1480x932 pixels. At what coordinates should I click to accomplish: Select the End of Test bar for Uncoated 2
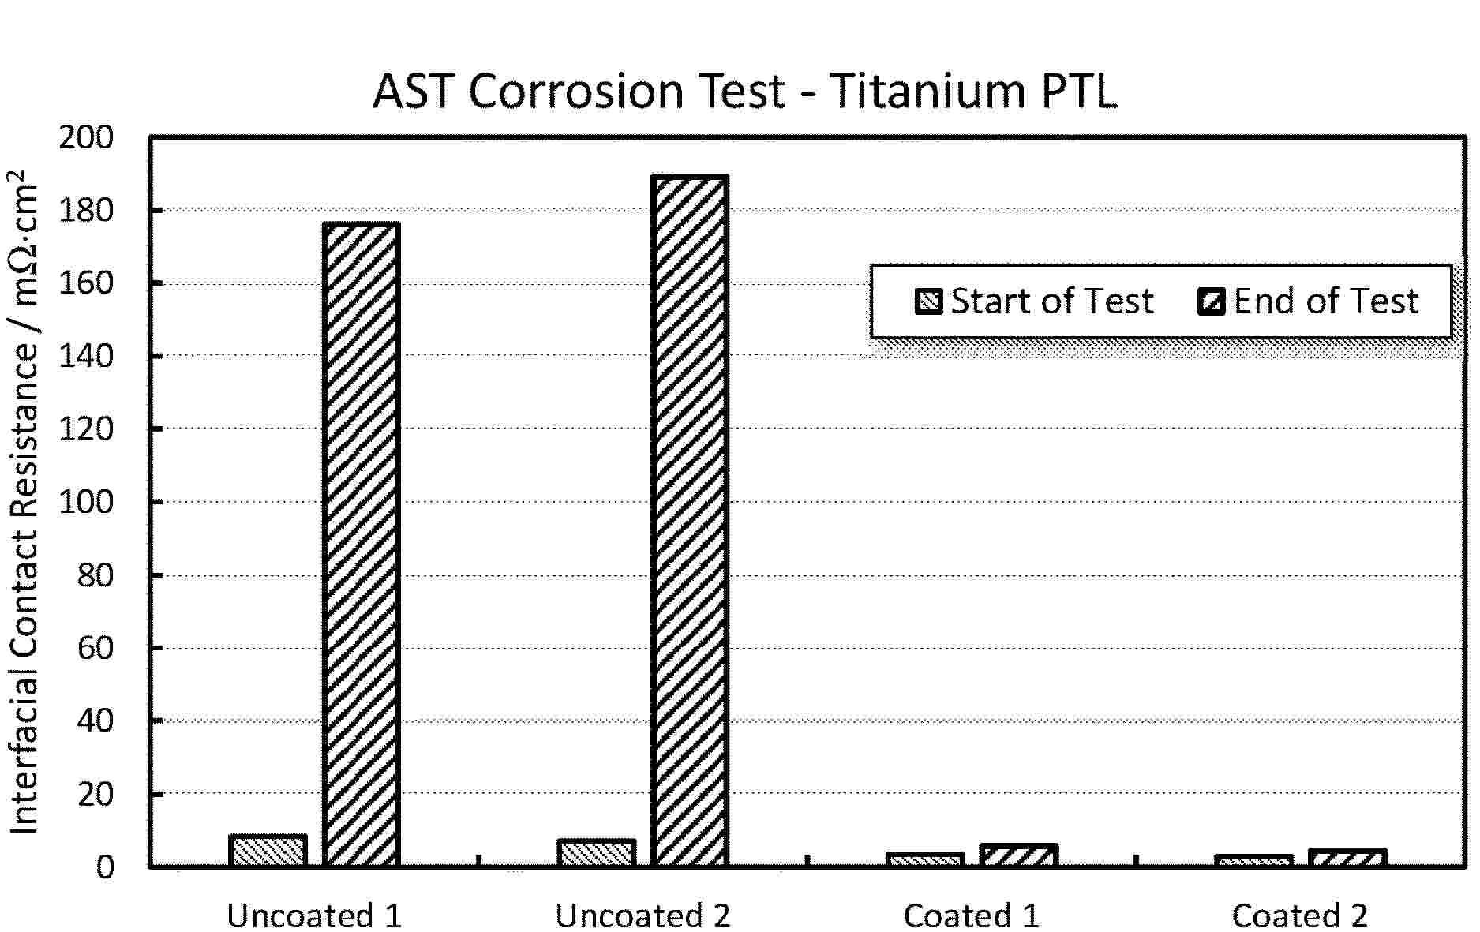coord(689,521)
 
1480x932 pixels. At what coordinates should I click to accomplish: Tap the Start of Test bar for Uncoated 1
coord(268,851)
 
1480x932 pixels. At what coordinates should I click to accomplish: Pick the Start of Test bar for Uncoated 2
coord(596,853)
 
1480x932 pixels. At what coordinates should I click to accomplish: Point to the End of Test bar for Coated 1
coord(1018,855)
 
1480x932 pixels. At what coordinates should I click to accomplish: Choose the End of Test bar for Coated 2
coord(1347,858)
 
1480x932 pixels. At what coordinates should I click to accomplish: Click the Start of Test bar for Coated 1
coord(925,860)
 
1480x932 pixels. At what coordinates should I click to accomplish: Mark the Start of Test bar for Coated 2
coord(1253,861)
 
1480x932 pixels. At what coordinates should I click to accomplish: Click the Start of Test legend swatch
coord(928,301)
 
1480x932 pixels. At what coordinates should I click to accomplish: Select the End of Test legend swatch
coord(1212,301)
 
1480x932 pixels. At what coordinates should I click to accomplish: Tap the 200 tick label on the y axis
coord(86,138)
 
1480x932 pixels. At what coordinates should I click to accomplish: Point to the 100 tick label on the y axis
coord(86,502)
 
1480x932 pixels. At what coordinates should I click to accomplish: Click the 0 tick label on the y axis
coord(105,866)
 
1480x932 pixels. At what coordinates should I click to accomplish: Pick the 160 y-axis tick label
coord(86,283)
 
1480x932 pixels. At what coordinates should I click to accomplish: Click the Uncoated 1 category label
coord(314,915)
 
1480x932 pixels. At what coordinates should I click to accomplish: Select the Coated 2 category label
coord(1299,915)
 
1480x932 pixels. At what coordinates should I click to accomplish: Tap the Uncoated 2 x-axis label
coord(643,915)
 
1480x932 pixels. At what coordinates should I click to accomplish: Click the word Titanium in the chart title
coord(917,91)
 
